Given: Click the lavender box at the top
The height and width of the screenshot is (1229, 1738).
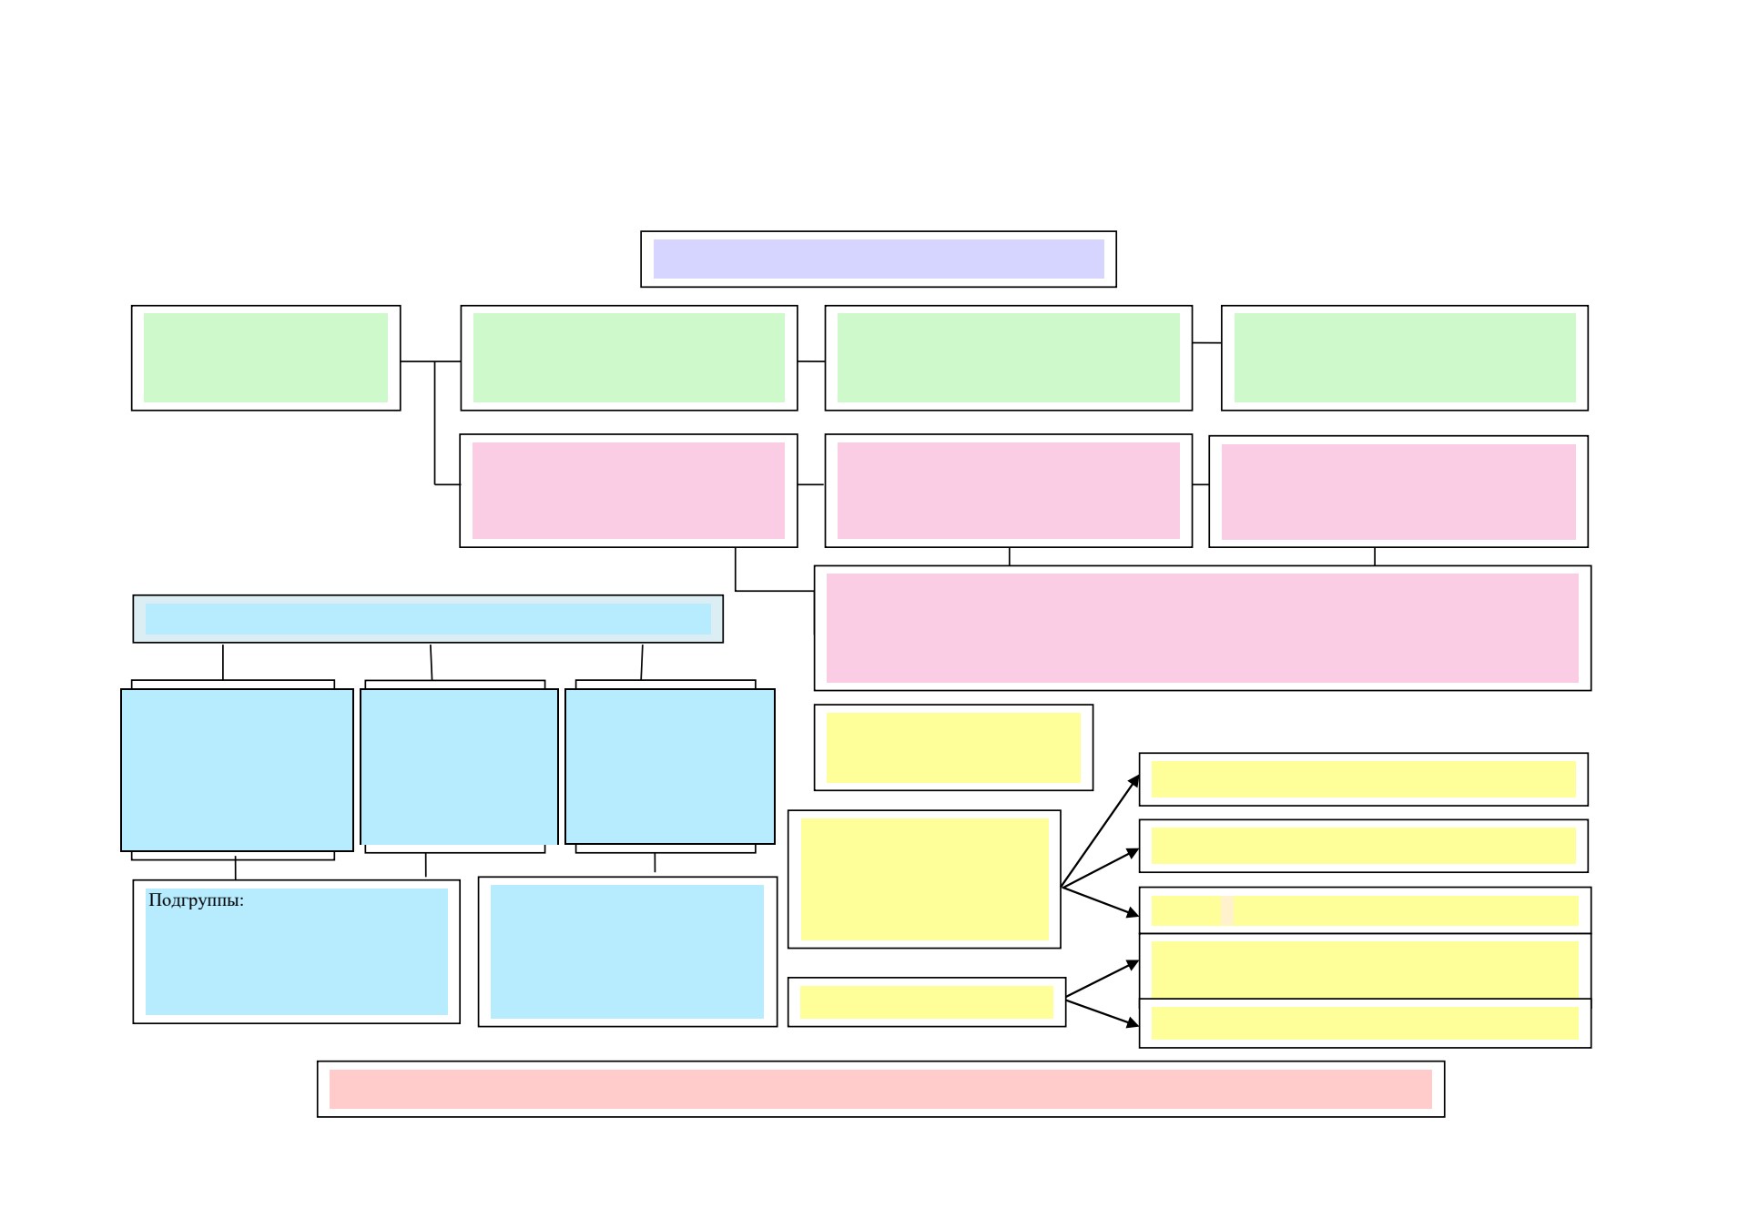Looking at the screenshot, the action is pyautogui.click(x=878, y=259).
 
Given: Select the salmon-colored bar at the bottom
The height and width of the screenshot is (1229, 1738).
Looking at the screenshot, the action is pyautogui.click(x=880, y=1089).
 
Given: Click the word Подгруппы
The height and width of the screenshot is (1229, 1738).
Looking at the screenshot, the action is pyautogui.click(x=196, y=900).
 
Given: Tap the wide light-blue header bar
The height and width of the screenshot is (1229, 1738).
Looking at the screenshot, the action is pyautogui.click(x=428, y=619).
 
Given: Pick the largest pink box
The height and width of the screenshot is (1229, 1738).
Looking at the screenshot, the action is pyautogui.click(x=1202, y=628).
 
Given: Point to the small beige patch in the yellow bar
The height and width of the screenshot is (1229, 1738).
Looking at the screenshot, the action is pyautogui.click(x=1226, y=910).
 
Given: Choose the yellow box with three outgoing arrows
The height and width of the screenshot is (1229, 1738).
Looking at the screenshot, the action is pyautogui.click(x=924, y=879).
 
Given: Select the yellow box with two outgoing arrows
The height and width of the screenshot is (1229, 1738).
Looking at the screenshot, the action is pyautogui.click(x=926, y=1002).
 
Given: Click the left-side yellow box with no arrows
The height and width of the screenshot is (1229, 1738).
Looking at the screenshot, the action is pyautogui.click(x=953, y=747).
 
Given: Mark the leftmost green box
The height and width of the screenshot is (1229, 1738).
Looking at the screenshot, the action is pyautogui.click(x=266, y=358).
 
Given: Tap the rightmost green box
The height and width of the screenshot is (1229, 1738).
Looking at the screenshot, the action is pyautogui.click(x=1404, y=358).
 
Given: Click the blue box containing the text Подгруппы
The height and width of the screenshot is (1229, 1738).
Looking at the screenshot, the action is pyautogui.click(x=296, y=951).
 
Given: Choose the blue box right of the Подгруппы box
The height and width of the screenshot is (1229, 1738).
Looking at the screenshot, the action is pyautogui.click(x=627, y=951).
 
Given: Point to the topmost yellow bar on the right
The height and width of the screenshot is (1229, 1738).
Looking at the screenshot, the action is pyautogui.click(x=1363, y=779).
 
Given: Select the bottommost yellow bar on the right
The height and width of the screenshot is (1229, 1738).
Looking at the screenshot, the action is pyautogui.click(x=1365, y=1023).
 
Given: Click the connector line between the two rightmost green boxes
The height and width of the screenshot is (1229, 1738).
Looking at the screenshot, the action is pyautogui.click(x=1206, y=343).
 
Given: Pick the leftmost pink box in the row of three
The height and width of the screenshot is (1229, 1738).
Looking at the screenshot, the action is pyautogui.click(x=628, y=491).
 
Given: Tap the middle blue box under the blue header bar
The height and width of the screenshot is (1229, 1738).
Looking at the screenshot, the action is pyautogui.click(x=459, y=767).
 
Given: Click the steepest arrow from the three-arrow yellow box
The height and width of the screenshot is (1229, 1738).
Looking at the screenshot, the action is pyautogui.click(x=1100, y=831).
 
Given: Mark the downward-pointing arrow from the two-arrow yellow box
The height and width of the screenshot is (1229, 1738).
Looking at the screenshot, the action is pyautogui.click(x=1103, y=1013).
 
